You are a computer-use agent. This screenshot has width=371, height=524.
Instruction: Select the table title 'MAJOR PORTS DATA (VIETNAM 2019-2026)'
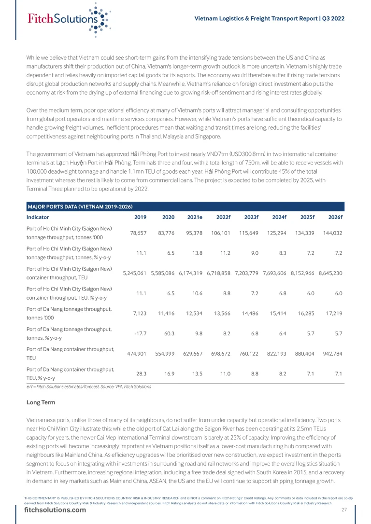click(80, 207)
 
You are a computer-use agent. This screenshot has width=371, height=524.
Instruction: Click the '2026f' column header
click(335, 217)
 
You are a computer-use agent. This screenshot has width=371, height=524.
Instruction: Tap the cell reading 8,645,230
click(330, 273)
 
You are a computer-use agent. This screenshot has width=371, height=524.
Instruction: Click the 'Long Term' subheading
click(41, 402)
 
